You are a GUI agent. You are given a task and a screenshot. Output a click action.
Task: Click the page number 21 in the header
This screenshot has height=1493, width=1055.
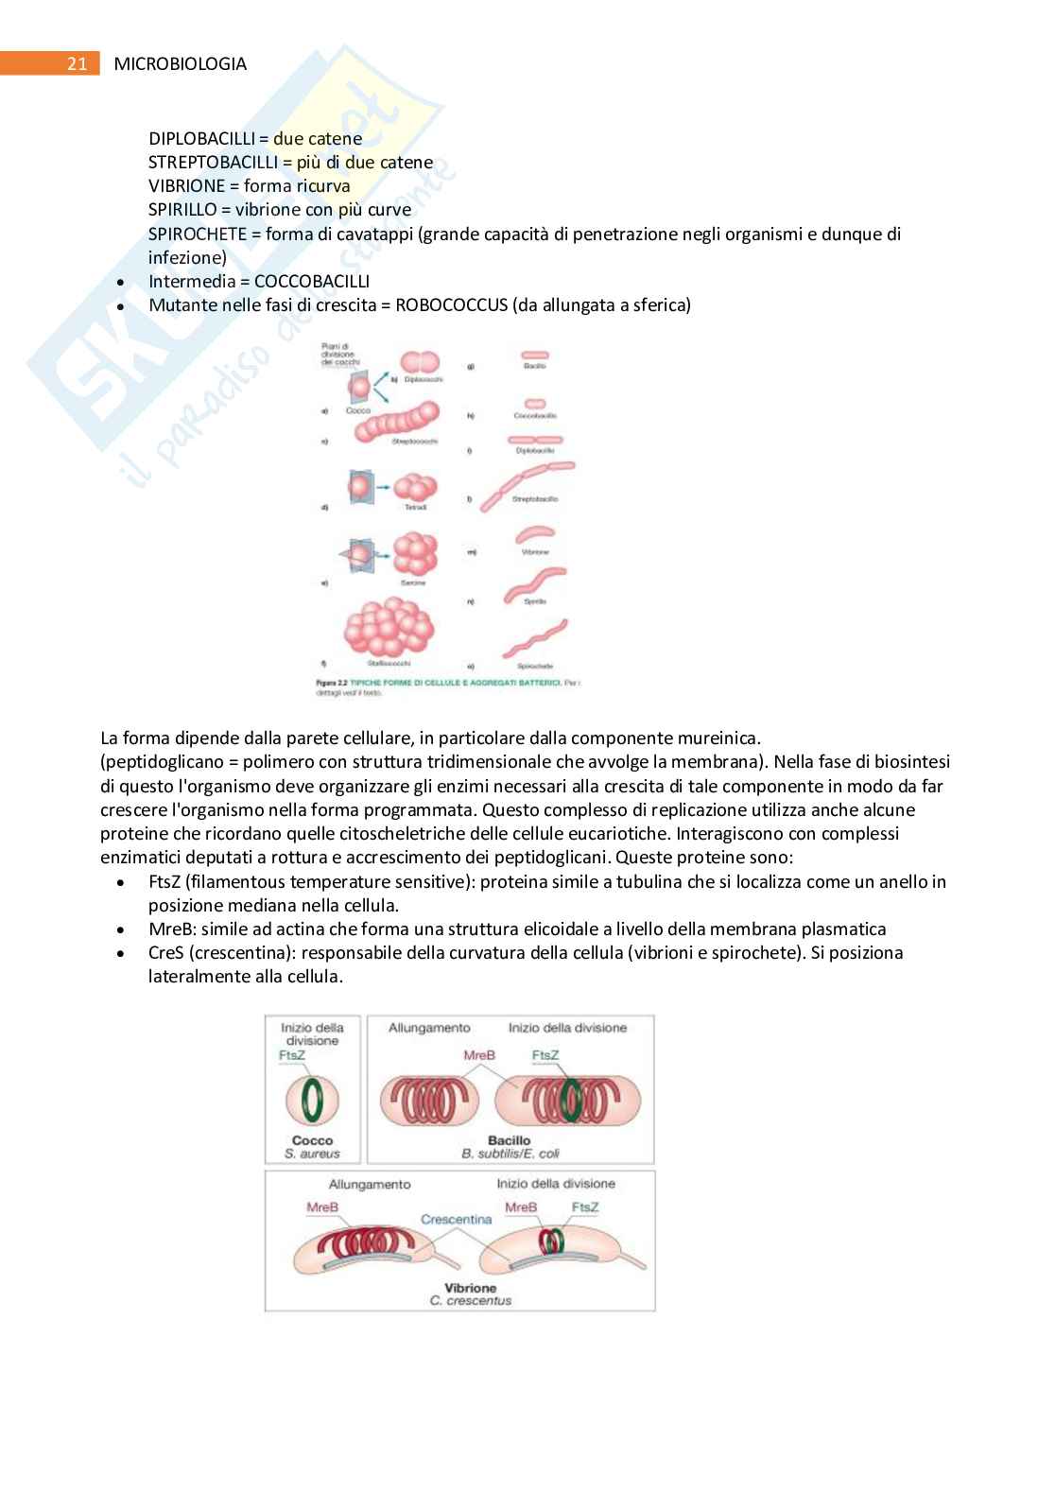[78, 64]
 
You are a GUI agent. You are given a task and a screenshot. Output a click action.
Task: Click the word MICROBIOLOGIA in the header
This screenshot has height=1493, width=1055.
[180, 64]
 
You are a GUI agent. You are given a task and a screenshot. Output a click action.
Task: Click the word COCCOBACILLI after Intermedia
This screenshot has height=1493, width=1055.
[312, 282]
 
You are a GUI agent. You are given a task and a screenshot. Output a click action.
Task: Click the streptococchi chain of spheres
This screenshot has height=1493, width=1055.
[397, 423]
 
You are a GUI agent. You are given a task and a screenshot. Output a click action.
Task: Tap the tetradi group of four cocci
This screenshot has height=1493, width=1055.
[416, 487]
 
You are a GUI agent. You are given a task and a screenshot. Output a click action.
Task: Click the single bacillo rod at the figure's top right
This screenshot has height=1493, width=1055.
[535, 356]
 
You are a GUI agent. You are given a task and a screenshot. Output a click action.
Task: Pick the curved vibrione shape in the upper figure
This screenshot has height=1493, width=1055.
[535, 536]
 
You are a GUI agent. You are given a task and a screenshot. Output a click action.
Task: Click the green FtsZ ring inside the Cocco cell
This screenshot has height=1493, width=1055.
[313, 1102]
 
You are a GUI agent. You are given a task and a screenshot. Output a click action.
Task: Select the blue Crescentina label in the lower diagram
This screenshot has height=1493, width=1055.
[457, 1220]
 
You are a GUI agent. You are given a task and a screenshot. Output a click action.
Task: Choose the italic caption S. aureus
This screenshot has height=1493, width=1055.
[312, 1154]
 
